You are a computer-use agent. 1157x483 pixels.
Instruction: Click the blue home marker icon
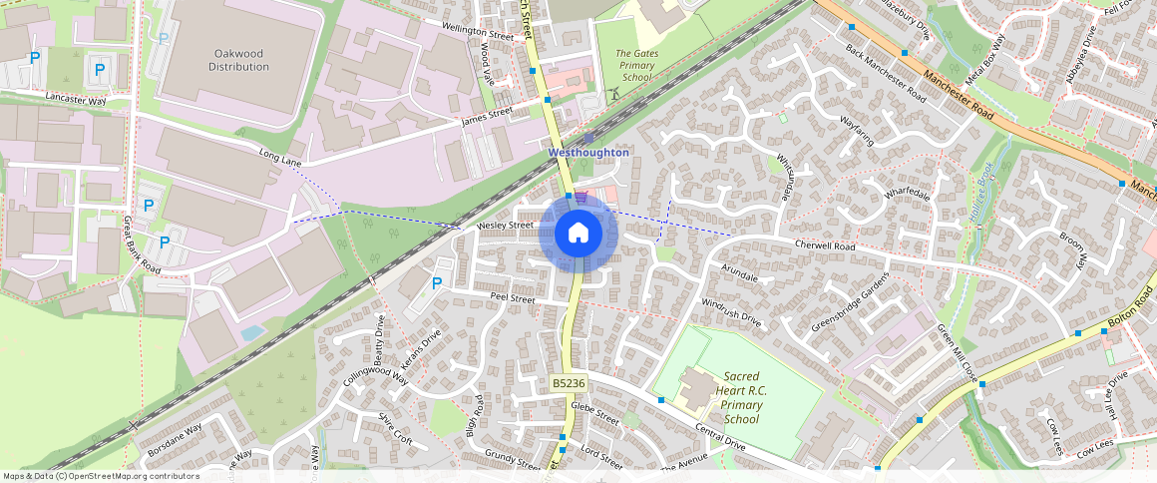(578, 234)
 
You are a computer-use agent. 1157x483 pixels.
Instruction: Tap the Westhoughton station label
(588, 153)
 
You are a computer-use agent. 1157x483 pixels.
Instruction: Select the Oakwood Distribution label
(238, 59)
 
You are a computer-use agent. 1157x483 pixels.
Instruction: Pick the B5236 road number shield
(568, 383)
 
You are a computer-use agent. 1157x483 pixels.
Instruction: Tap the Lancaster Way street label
(76, 100)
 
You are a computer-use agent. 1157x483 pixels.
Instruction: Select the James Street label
(487, 117)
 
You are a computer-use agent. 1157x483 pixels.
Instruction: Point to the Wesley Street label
(506, 227)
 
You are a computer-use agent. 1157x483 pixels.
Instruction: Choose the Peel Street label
(513, 298)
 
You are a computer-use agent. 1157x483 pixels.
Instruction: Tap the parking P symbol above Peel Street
(436, 283)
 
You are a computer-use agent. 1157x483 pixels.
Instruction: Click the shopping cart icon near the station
(580, 198)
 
